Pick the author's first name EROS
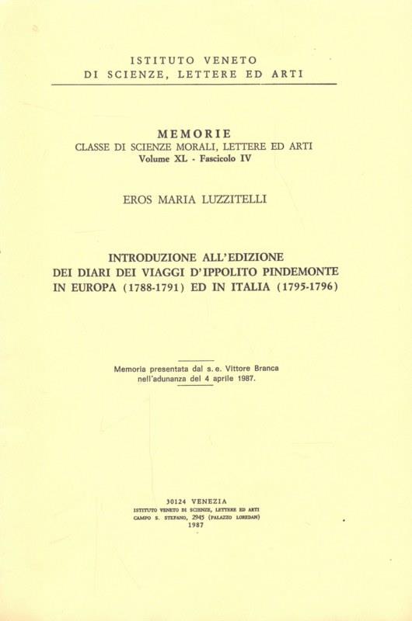[139, 199]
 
